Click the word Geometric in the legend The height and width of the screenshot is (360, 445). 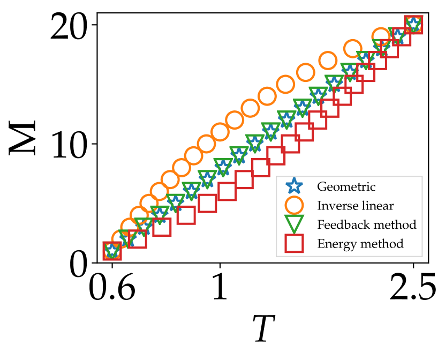[346, 187]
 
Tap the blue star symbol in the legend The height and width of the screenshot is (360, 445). [294, 186]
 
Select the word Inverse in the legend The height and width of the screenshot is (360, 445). [335, 206]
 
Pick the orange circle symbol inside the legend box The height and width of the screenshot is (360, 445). [294, 205]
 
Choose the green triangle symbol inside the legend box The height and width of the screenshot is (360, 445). [294, 224]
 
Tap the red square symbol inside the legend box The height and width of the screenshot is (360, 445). [294, 244]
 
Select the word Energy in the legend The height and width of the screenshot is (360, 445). [336, 244]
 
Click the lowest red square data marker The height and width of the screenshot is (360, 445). [112, 251]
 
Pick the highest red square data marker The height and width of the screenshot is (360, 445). [414, 25]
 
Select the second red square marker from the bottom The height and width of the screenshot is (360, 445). [138, 239]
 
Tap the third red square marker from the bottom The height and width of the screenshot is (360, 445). [162, 227]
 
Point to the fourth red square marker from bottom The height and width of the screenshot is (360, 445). [186, 215]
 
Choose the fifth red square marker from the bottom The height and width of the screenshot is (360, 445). [207, 203]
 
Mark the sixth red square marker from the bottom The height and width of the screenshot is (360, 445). [227, 191]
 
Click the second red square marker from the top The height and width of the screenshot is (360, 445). [402, 36]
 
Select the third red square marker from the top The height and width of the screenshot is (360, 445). [390, 49]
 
